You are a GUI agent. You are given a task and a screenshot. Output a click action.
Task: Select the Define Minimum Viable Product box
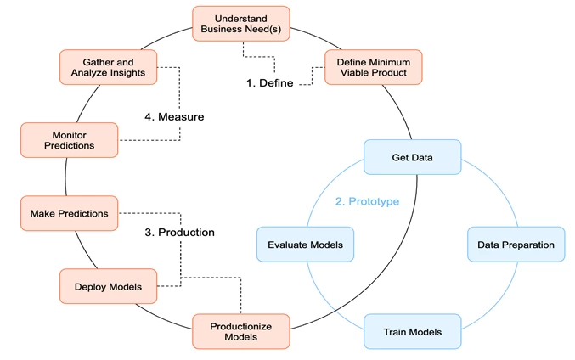point(373,67)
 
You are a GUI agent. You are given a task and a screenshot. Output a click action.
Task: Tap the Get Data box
point(412,157)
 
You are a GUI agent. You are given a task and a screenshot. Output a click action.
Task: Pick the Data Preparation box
point(516,245)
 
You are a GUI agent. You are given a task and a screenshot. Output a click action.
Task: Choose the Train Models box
point(412,332)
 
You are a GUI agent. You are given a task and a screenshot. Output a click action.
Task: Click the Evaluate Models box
point(305,245)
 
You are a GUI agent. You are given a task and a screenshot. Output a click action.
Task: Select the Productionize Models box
point(240,331)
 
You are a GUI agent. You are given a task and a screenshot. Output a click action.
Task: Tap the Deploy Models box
point(108,286)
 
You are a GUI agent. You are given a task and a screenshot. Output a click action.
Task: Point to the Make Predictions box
point(69,213)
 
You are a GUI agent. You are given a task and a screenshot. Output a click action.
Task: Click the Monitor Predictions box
point(69,139)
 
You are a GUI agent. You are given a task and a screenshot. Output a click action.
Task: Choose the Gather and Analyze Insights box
point(108,67)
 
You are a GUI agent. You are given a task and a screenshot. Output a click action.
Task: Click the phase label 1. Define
point(270,83)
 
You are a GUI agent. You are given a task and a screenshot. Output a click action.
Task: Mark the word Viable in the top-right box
point(352,73)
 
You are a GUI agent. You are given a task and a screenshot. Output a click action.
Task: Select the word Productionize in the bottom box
point(240,325)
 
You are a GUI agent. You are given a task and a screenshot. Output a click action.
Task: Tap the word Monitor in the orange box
point(69,133)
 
